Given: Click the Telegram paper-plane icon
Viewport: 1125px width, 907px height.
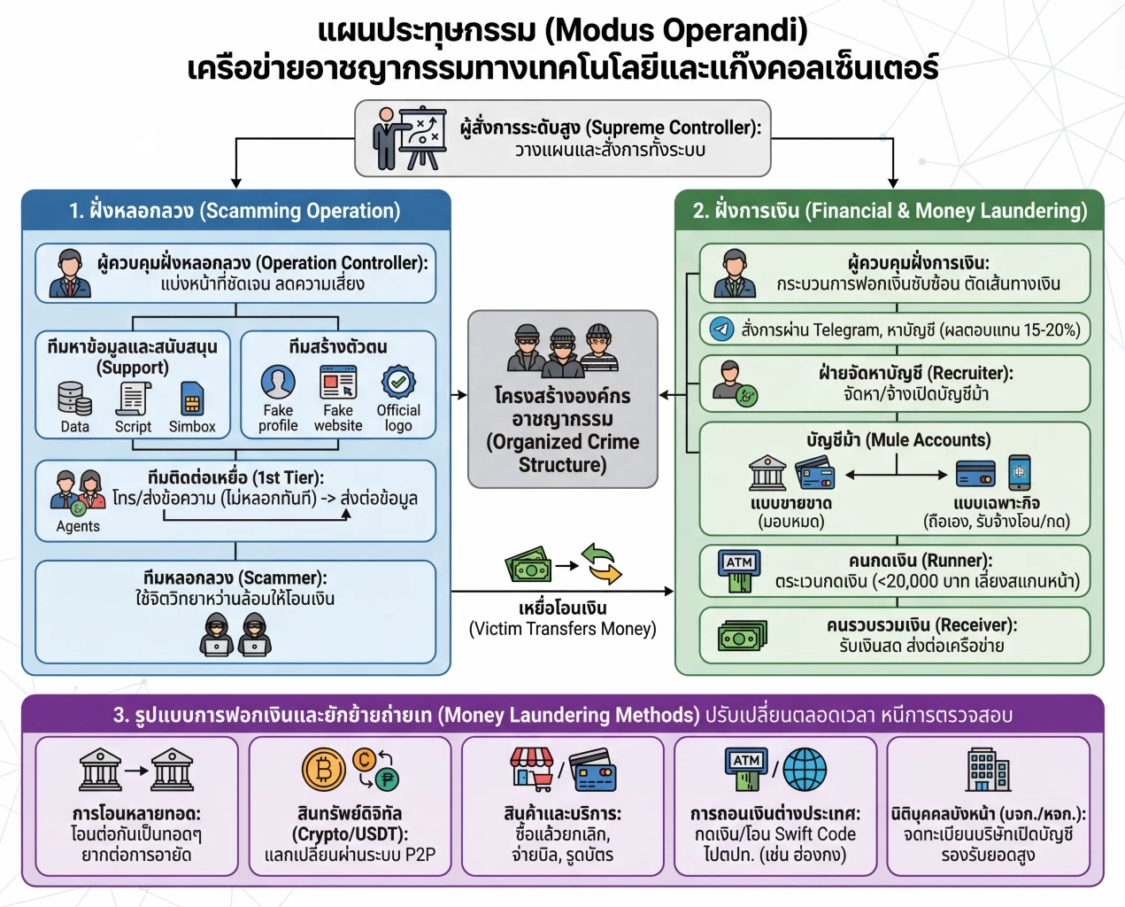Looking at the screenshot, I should pyautogui.click(x=722, y=329).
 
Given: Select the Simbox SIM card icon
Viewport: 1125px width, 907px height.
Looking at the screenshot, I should pyautogui.click(x=191, y=399).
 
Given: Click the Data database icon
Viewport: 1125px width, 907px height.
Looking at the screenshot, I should pyautogui.click(x=74, y=398).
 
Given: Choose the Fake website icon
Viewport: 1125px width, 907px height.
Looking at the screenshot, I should pyautogui.click(x=338, y=383).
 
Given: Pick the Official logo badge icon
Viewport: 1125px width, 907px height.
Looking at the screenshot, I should pyautogui.click(x=398, y=383).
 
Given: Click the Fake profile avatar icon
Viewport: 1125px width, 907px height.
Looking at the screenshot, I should pyautogui.click(x=278, y=383).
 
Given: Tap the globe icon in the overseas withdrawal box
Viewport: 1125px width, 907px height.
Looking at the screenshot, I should pyautogui.click(x=804, y=768).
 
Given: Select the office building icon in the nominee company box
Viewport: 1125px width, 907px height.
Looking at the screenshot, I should pyautogui.click(x=988, y=768).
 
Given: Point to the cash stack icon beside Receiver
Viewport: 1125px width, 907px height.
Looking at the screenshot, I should pyautogui.click(x=742, y=635).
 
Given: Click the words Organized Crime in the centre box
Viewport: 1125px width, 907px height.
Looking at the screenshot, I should pyautogui.click(x=563, y=442).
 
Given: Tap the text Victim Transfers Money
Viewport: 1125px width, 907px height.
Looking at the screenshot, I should pyautogui.click(x=563, y=629).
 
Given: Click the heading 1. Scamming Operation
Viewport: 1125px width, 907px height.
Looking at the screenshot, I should pyautogui.click(x=235, y=211).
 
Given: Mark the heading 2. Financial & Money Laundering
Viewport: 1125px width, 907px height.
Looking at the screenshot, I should pyautogui.click(x=890, y=211).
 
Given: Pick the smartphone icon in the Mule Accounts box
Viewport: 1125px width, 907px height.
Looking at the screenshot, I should pyautogui.click(x=1019, y=472).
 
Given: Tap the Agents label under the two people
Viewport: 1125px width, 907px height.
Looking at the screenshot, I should pyautogui.click(x=78, y=526).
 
